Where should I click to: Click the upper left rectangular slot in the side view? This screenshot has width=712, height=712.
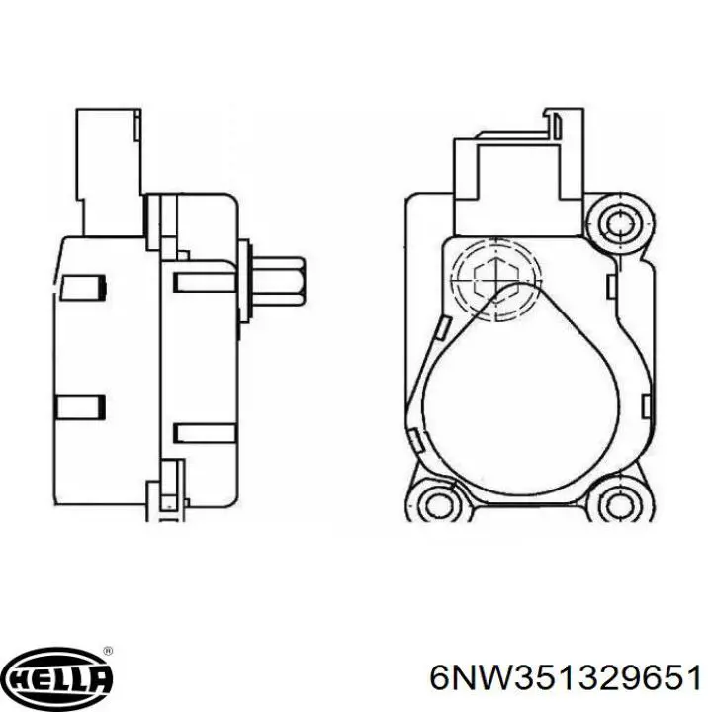[x=83, y=287]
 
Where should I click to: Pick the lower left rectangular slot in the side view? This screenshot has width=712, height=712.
[x=81, y=405]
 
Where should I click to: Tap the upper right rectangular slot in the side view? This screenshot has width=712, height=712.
[x=204, y=283]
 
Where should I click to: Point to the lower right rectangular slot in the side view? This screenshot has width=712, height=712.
[x=204, y=433]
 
